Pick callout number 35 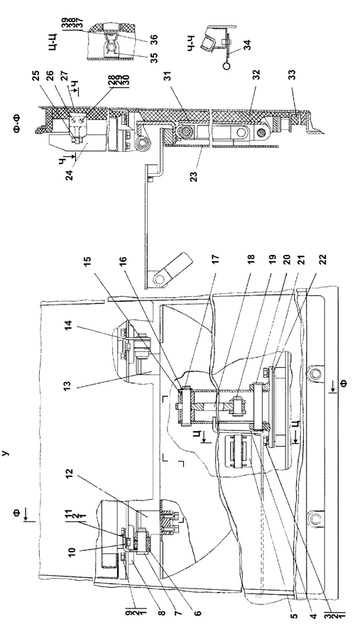pyautogui.click(x=154, y=58)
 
